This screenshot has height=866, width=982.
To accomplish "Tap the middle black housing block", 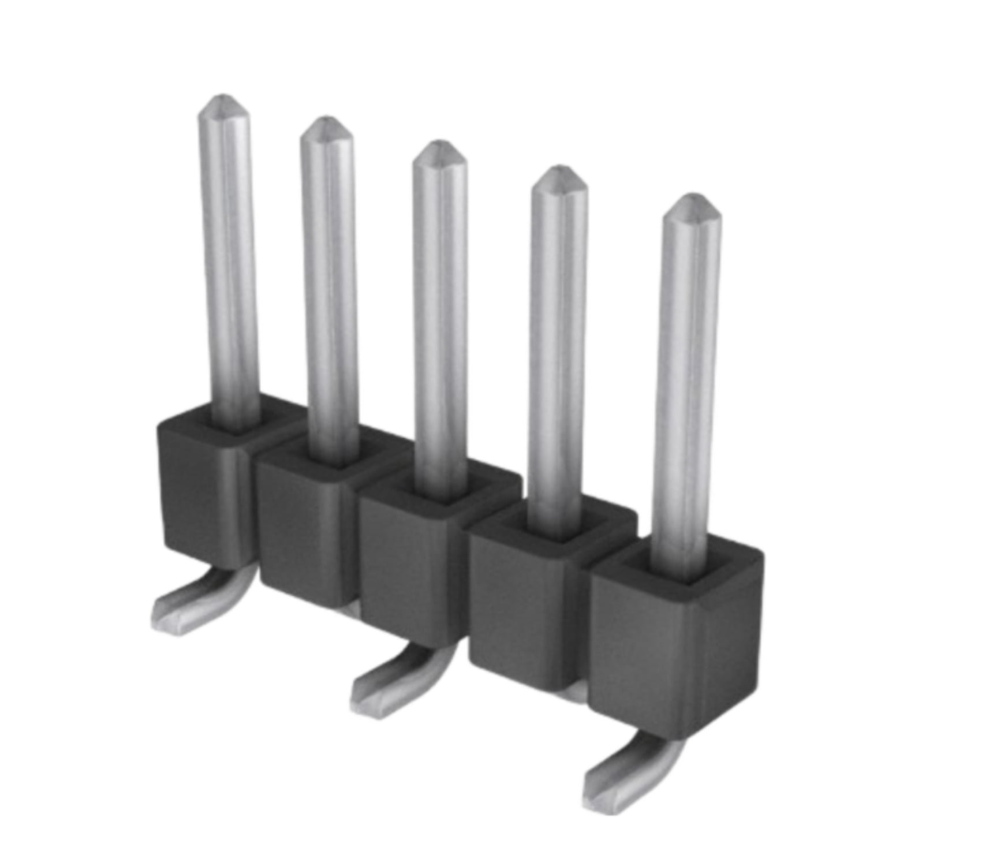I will coord(410,572).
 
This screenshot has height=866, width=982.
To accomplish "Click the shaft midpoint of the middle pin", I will coord(440,318).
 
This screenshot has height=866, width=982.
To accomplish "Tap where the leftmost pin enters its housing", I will coord(236,424).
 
